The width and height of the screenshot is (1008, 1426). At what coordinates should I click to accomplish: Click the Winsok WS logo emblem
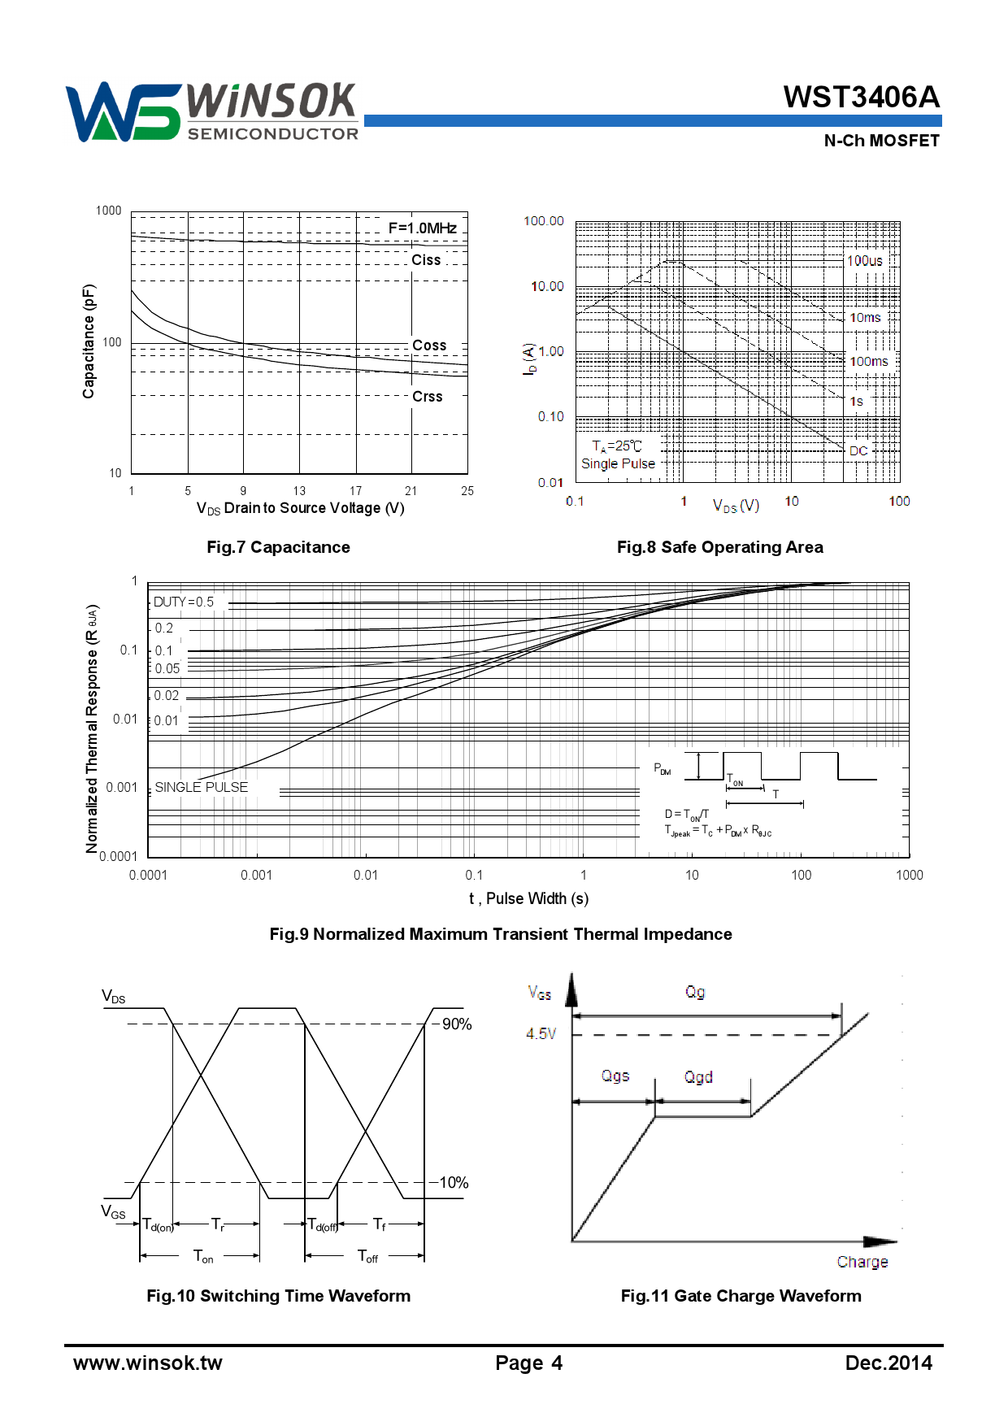pyautogui.click(x=122, y=112)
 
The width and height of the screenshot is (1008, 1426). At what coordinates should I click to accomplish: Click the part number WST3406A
pyautogui.click(x=861, y=98)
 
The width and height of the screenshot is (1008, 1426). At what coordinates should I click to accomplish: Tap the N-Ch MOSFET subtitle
pyautogui.click(x=881, y=141)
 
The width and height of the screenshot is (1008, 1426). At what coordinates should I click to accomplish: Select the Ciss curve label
pyautogui.click(x=426, y=260)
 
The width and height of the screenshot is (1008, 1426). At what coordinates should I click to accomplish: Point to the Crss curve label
pyautogui.click(x=427, y=397)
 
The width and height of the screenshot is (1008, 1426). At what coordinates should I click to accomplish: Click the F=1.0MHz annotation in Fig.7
pyautogui.click(x=422, y=228)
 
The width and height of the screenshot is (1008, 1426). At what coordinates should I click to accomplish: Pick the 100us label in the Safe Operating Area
pyautogui.click(x=864, y=261)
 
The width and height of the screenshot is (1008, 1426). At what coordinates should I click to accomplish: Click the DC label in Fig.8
pyautogui.click(x=858, y=450)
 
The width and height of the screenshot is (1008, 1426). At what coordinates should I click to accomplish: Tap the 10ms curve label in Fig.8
pyautogui.click(x=865, y=318)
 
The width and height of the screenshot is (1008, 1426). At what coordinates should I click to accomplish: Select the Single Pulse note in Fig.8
pyautogui.click(x=618, y=463)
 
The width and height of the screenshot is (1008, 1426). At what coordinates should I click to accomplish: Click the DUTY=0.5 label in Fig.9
pyautogui.click(x=184, y=602)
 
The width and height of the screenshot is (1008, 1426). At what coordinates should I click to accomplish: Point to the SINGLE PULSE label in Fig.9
pyautogui.click(x=201, y=787)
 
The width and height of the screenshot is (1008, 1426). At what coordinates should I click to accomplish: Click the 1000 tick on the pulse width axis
pyautogui.click(x=909, y=875)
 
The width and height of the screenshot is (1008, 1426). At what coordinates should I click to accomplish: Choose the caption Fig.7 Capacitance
pyautogui.click(x=278, y=547)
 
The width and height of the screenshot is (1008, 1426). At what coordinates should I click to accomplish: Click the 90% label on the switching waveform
pyautogui.click(x=456, y=1024)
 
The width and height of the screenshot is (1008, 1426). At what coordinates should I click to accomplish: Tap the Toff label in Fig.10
pyautogui.click(x=367, y=1257)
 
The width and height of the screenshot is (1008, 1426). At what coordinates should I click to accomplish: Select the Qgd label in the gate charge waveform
pyautogui.click(x=698, y=1077)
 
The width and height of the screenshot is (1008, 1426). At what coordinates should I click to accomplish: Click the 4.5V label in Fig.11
pyautogui.click(x=541, y=1033)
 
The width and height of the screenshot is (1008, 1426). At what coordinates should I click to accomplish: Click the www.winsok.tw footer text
pyautogui.click(x=148, y=1363)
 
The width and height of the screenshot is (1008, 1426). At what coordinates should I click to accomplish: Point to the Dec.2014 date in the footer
pyautogui.click(x=889, y=1363)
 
